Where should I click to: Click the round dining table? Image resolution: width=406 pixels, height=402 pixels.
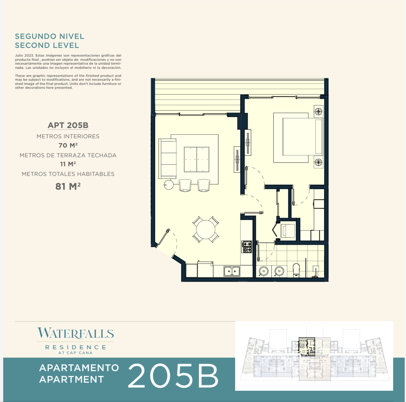click(206, 230)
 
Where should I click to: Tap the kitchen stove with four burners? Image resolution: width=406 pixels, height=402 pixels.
click(247, 247)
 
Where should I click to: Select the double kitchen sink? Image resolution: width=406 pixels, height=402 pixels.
click(232, 271)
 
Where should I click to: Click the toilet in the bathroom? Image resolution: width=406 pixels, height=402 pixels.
click(296, 270)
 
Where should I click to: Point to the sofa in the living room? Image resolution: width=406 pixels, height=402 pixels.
click(168, 158)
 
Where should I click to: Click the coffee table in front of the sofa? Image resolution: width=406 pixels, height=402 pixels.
click(196, 160)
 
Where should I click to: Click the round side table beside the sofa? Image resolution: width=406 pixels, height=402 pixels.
click(168, 185)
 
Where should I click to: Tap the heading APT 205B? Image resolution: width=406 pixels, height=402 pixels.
click(68, 125)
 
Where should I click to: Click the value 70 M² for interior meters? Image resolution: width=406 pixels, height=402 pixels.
click(68, 145)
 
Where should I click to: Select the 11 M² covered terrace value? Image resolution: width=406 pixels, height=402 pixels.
click(68, 164)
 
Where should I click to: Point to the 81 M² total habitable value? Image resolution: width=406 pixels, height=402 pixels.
click(68, 186)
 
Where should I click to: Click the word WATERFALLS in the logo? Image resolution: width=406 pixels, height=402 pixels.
click(75, 333)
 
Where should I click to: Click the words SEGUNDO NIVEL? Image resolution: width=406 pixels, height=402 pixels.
click(49, 36)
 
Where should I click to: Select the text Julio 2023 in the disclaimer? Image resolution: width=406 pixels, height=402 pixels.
click(24, 56)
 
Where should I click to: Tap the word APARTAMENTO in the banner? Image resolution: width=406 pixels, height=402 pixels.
click(79, 368)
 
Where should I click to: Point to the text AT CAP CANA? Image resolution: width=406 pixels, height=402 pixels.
click(75, 353)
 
